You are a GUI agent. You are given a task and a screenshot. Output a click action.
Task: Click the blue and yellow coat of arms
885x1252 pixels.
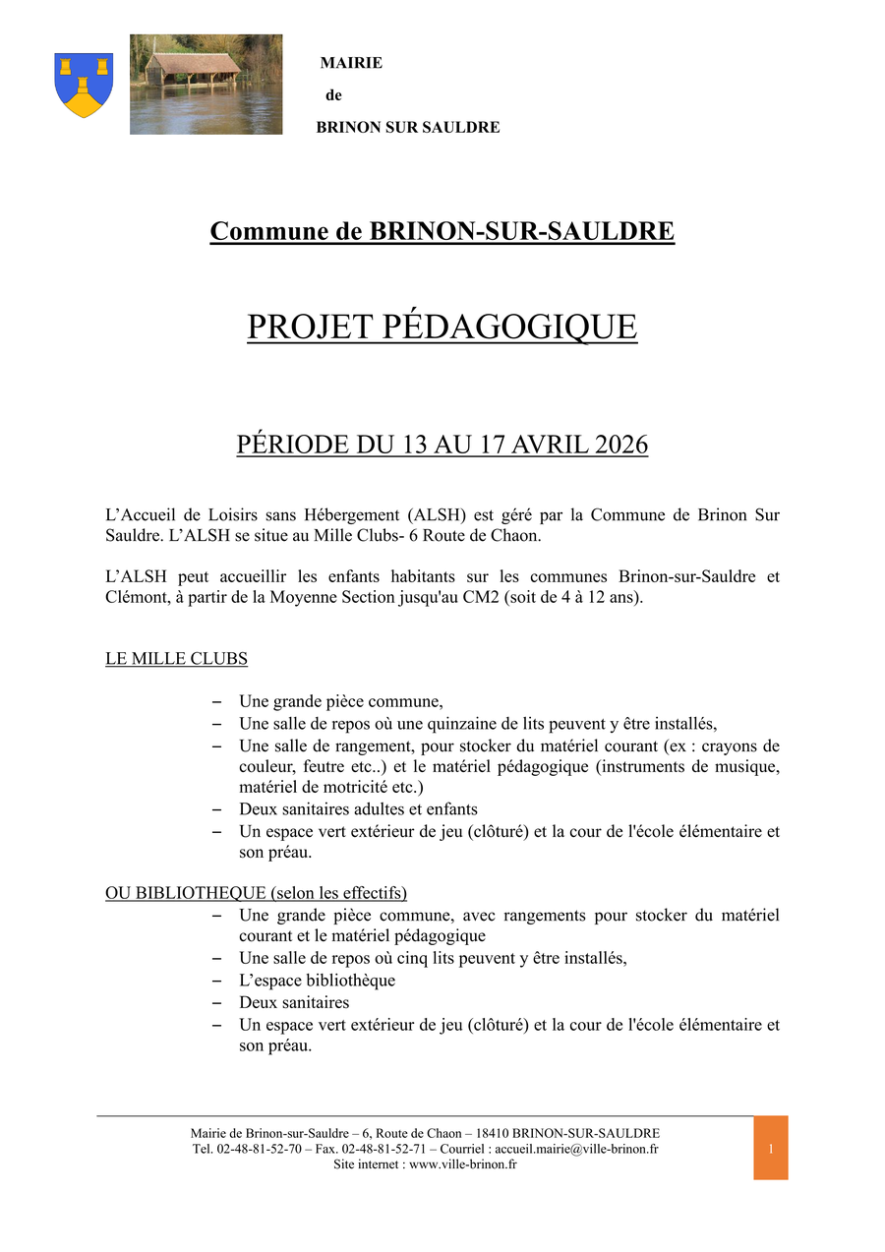coord(84,85)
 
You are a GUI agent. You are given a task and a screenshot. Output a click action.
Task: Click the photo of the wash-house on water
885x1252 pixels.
coord(206,85)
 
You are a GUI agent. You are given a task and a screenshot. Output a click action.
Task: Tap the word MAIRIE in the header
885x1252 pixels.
coord(351,63)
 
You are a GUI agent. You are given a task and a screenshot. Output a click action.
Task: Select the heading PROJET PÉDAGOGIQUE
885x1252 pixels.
coord(442,327)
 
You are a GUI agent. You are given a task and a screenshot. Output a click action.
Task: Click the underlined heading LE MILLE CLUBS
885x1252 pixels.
coord(176,659)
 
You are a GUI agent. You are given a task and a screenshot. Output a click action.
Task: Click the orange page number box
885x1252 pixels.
coord(771,1148)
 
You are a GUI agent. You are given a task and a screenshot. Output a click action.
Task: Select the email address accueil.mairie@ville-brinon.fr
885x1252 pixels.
coord(576,1149)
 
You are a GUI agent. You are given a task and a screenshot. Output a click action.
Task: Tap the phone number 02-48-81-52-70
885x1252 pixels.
coord(260,1149)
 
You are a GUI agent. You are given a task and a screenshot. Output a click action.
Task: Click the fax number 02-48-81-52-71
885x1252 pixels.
coord(383,1149)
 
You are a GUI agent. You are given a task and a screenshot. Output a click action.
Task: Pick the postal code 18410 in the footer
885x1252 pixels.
coord(492,1133)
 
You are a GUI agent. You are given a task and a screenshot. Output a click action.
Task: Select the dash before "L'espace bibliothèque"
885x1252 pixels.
coord(216,982)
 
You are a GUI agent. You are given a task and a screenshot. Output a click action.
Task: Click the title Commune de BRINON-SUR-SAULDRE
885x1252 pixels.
coord(442,232)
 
